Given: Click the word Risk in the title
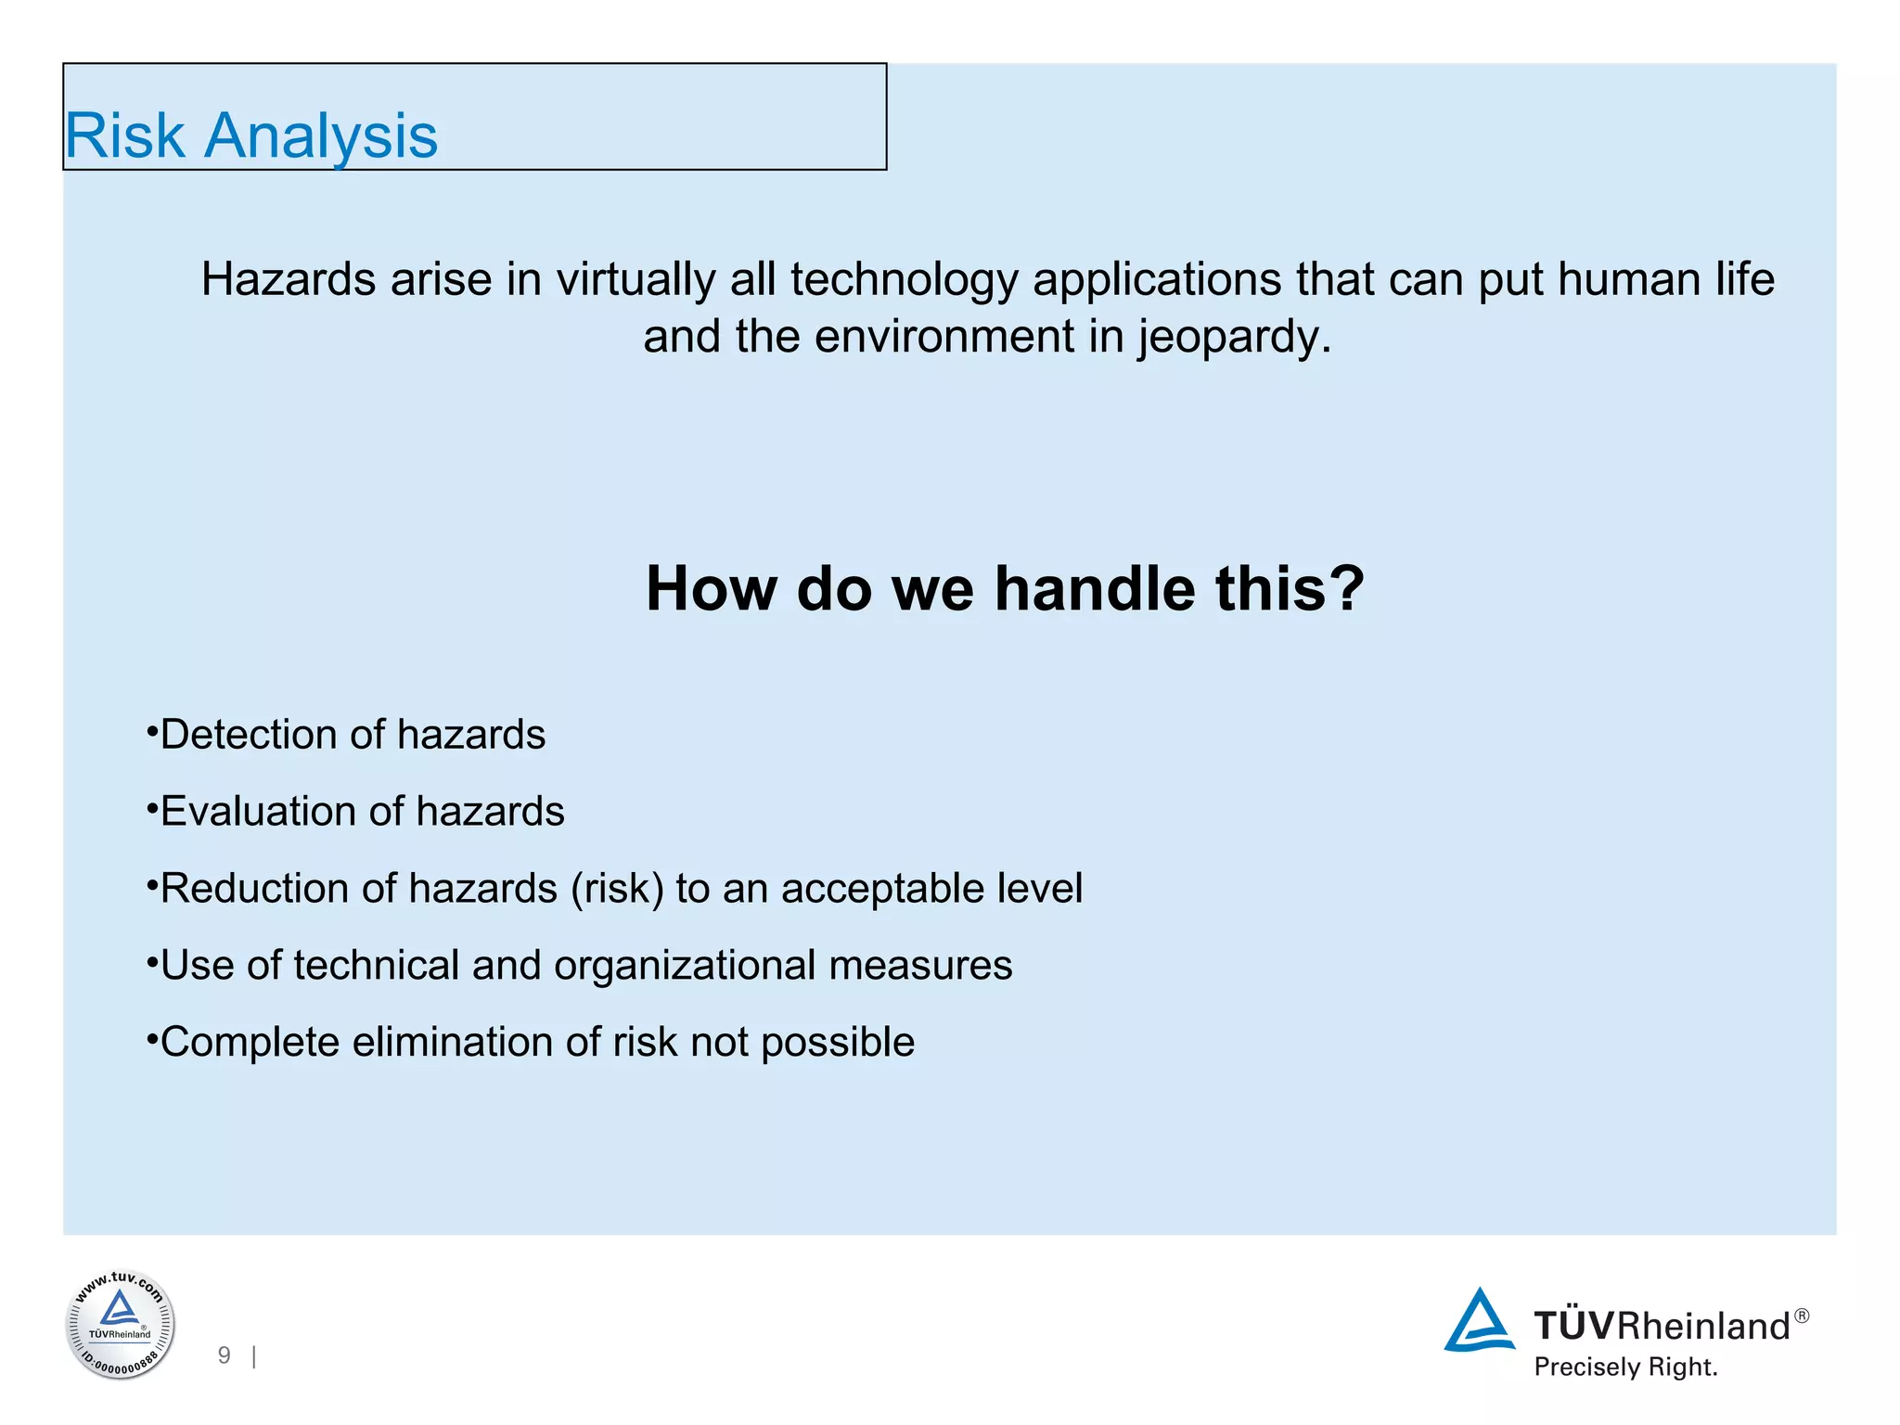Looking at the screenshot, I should [124, 136].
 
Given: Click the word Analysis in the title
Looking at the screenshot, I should [320, 136].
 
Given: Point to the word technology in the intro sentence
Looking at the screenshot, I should [904, 279].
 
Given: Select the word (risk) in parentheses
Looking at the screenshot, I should [617, 889].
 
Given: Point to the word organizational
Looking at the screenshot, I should [685, 966].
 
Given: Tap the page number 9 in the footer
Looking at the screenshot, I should [224, 1355].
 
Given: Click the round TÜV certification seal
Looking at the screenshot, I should [120, 1325].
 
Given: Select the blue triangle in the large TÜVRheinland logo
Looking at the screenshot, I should [1479, 1321].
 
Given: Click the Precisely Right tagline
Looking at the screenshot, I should [1625, 1367].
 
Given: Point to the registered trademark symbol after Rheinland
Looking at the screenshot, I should [1801, 1316].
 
